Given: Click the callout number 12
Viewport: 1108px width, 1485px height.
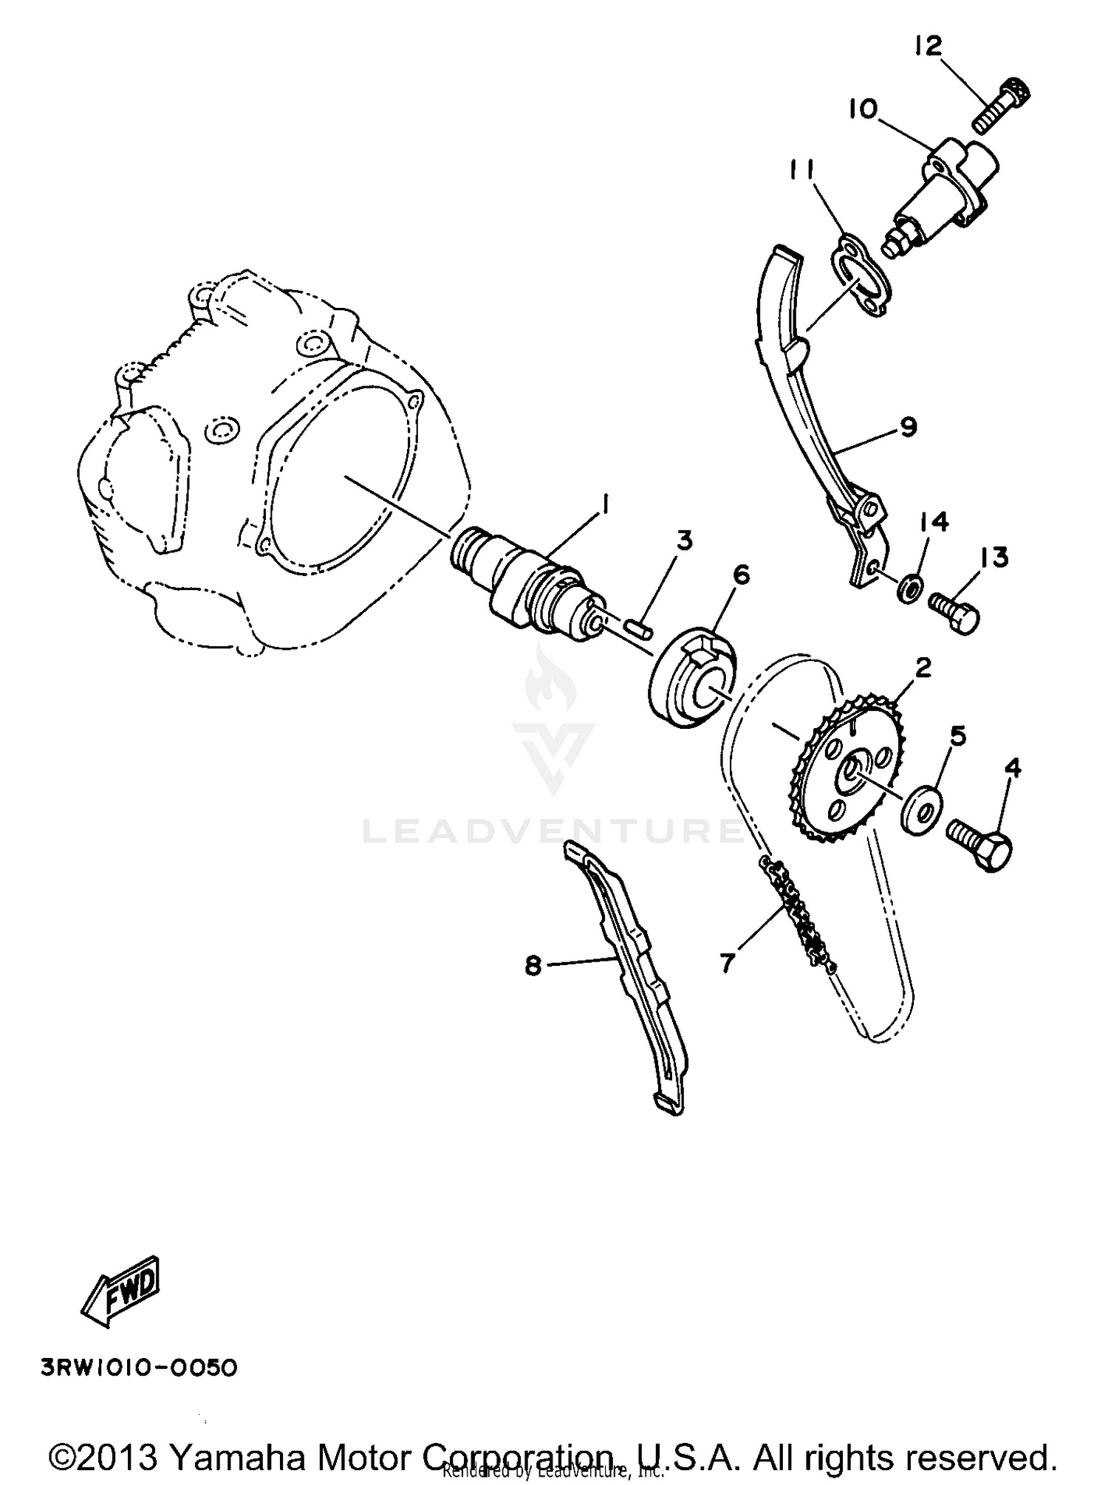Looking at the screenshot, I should click(928, 46).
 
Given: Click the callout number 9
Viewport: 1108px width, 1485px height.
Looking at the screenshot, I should click(909, 426).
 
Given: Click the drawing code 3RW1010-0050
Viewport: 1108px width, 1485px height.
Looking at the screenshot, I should click(140, 1368).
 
